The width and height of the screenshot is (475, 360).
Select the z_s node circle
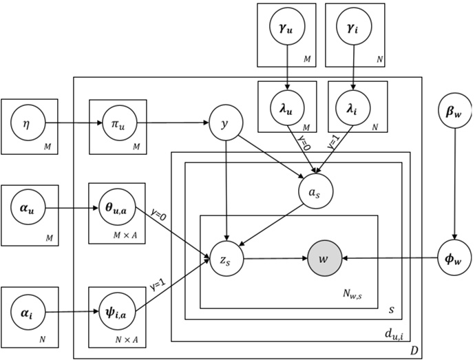click(x=228, y=260)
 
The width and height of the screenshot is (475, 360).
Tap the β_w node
click(x=454, y=109)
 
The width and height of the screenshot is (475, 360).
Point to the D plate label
click(x=414, y=350)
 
